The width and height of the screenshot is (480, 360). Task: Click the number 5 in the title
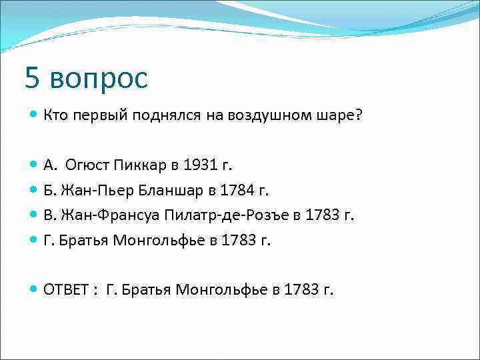tap(33, 79)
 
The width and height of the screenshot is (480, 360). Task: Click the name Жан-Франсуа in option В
tap(107, 215)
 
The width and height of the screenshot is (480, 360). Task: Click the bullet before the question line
tap(34, 115)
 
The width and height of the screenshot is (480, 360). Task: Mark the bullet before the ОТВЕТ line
tap(34, 290)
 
